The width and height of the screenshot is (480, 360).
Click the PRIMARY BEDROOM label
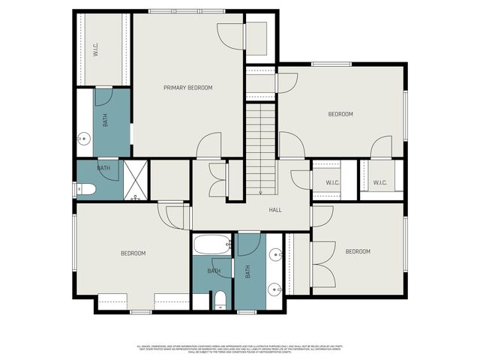coord(188,88)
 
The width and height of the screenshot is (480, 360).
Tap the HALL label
coord(275,210)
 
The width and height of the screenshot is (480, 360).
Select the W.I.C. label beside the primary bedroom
coord(96,50)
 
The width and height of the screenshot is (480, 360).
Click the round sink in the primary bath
coord(85,138)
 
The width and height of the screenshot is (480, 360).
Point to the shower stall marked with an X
coord(134,181)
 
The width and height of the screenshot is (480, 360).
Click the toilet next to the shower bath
coord(85,189)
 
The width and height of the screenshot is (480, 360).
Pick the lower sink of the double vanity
coord(274,288)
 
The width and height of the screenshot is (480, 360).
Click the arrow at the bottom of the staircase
coord(260,192)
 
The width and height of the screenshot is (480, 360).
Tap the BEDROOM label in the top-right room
coord(340,114)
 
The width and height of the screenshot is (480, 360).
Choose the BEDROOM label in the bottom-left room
coord(133,253)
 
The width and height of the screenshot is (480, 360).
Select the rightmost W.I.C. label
coord(379,183)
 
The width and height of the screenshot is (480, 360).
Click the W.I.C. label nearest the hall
coord(333,183)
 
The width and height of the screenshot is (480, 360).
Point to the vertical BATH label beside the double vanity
coord(248,272)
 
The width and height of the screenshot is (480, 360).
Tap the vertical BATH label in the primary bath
coord(105,119)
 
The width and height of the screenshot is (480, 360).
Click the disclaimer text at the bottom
coord(239,348)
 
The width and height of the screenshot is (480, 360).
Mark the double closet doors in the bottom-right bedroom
coord(323,264)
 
